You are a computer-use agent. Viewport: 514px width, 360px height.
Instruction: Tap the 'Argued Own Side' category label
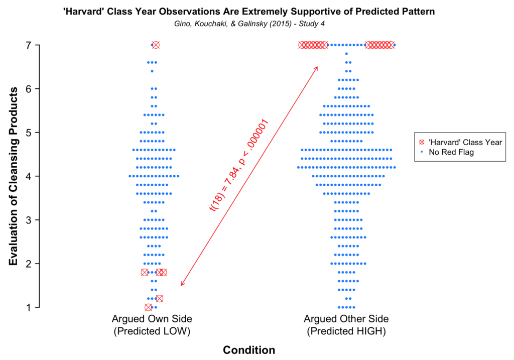(152, 319)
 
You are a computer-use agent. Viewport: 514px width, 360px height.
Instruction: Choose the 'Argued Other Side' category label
(346, 319)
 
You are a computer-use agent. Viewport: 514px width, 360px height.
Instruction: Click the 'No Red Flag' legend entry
(451, 152)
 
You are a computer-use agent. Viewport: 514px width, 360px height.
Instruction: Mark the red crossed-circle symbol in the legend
(422, 142)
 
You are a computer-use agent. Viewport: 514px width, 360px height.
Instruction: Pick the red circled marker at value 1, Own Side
(149, 307)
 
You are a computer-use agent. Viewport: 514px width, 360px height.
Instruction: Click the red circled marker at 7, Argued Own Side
(156, 45)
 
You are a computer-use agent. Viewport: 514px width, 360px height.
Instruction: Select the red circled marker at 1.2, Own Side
(160, 299)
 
